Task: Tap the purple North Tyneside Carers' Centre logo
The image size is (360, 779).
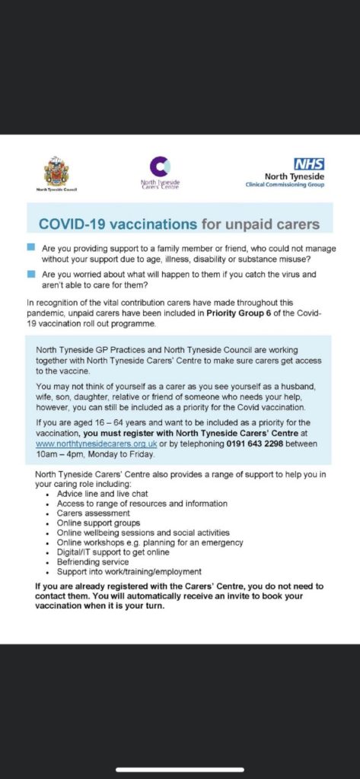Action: pyautogui.click(x=160, y=167)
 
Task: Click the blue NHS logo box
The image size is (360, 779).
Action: pyautogui.click(x=309, y=164)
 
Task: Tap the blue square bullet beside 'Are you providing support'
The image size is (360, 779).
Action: pyautogui.click(x=31, y=247)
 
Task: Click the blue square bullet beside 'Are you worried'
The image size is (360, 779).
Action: pyautogui.click(x=31, y=274)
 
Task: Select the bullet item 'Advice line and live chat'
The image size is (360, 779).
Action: pyautogui.click(x=103, y=494)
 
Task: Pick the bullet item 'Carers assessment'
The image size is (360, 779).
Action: pyautogui.click(x=94, y=514)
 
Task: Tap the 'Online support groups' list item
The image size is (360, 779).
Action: pyautogui.click(x=98, y=523)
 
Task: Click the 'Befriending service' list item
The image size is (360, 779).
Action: pyautogui.click(x=93, y=562)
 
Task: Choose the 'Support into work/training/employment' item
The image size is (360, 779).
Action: pyautogui.click(x=129, y=572)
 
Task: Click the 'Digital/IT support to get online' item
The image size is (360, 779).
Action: pyautogui.click(x=113, y=552)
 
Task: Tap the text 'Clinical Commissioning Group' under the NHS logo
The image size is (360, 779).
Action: pyautogui.click(x=285, y=185)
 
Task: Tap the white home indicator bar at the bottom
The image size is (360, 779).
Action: pyautogui.click(x=180, y=770)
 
